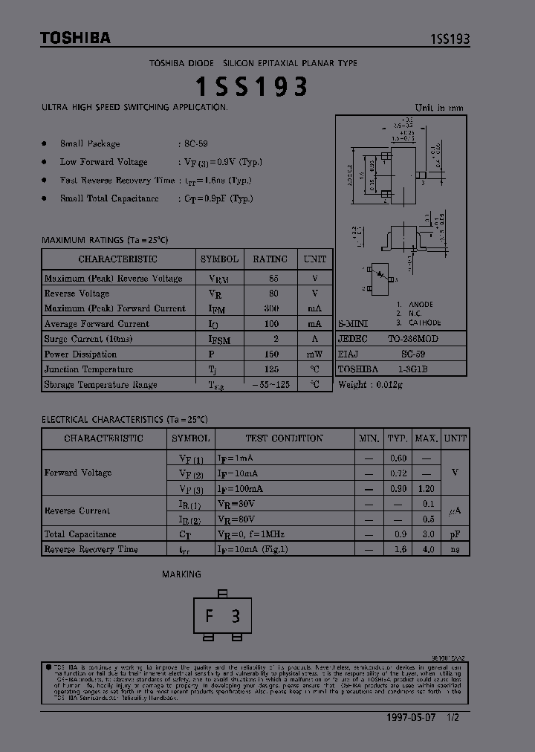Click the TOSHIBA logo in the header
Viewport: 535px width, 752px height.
pos(75,38)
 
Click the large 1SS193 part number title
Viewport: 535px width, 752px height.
pos(251,87)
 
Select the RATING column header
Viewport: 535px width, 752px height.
pos(270,259)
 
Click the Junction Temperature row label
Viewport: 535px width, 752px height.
pos(88,369)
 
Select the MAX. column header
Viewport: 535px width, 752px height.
pos(426,438)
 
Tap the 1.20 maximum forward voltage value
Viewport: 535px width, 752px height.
pos(426,489)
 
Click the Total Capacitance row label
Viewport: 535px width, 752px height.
pos(80,534)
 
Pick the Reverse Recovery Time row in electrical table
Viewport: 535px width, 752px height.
pos(91,549)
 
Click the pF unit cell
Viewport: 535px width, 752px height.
pos(455,534)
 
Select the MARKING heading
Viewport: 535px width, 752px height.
pos(181,574)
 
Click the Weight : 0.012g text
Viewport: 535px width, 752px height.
pos(370,384)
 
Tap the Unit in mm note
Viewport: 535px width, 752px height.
pos(439,108)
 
